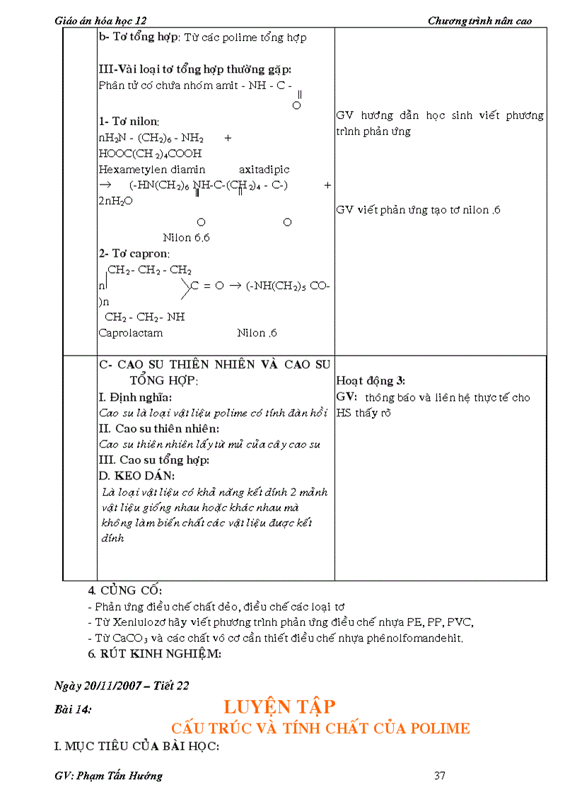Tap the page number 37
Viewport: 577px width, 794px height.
pyautogui.click(x=440, y=776)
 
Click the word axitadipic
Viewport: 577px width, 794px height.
pyautogui.click(x=264, y=170)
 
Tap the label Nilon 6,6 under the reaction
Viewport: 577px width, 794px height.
pyautogui.click(x=186, y=238)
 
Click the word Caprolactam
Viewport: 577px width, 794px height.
pyautogui.click(x=131, y=333)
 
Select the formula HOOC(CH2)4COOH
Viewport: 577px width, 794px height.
pyautogui.click(x=150, y=153)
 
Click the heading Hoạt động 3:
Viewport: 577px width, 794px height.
pyautogui.click(x=371, y=380)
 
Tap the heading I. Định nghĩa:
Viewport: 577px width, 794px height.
pyautogui.click(x=135, y=397)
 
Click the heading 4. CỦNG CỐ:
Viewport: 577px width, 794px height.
pyautogui.click(x=124, y=590)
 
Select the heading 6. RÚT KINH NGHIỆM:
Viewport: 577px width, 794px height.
pyautogui.click(x=154, y=654)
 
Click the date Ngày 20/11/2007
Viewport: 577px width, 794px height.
pyautogui.click(x=98, y=685)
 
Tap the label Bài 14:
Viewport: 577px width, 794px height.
pyautogui.click(x=73, y=710)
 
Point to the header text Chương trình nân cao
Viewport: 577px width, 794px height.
pyautogui.click(x=479, y=21)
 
